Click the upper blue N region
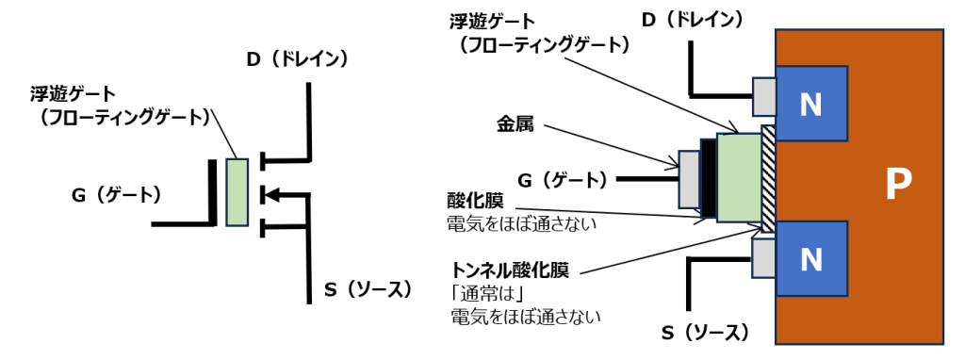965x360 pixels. coord(810,104)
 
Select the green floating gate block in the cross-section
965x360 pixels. coord(738,177)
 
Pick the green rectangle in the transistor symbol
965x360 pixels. coord(237,192)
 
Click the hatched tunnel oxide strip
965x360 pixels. coord(767,179)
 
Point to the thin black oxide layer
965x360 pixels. coord(707,178)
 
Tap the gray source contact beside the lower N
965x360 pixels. coord(763,257)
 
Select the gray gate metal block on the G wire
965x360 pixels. coord(689,178)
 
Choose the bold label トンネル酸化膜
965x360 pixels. coord(509,270)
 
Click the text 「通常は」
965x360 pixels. coord(478,292)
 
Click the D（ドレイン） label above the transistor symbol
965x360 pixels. coord(298,59)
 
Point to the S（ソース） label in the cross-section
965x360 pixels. coord(705,332)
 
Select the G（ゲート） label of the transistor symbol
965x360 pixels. coord(117,195)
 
